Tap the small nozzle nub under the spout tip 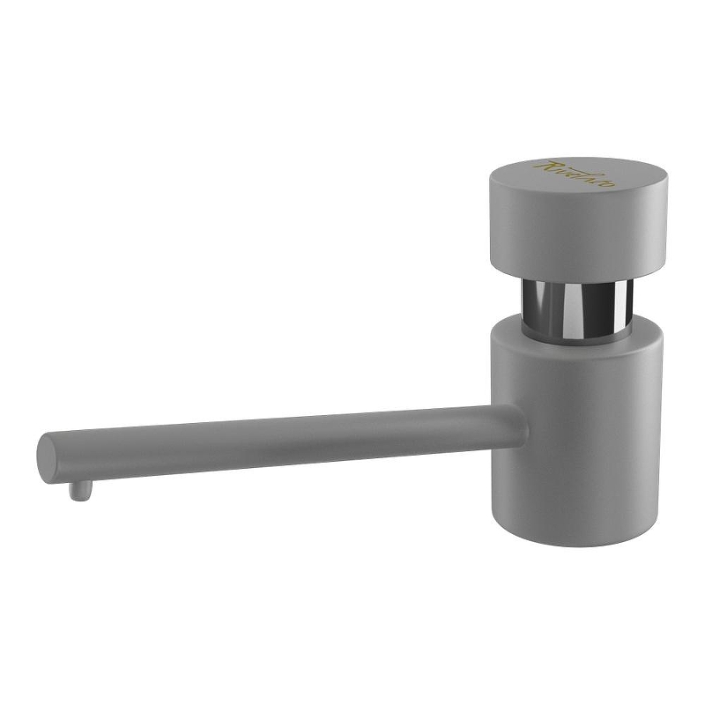[x=79, y=489]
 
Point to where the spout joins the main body [x=516, y=425]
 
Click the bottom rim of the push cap [x=577, y=275]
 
